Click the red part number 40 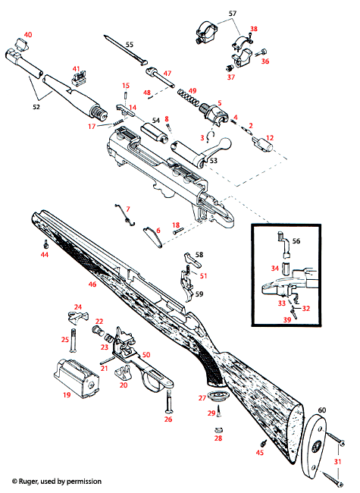point(28,35)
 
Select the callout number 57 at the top point(233,14)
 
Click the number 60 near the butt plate point(322,410)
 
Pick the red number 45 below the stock point(259,453)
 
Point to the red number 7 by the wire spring point(128,208)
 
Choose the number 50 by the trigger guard point(146,354)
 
